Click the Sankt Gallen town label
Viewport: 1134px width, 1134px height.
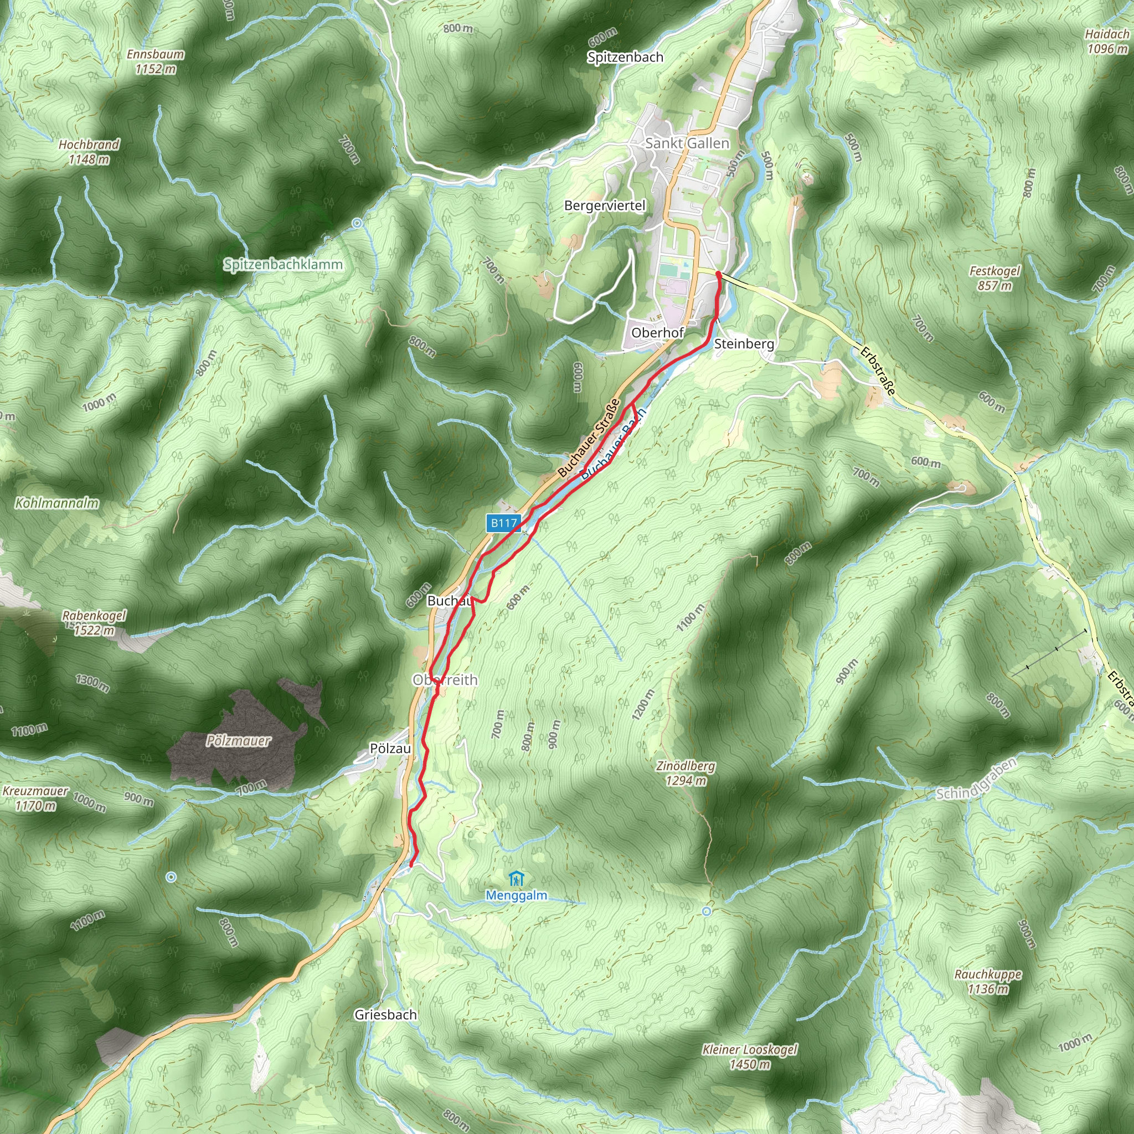[687, 143]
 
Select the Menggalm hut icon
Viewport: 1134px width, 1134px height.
[517, 879]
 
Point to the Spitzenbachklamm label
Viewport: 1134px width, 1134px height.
[283, 265]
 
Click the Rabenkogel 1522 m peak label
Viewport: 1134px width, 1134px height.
[94, 623]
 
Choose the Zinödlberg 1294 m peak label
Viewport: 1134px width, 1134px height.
[685, 773]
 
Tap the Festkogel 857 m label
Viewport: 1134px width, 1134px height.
[994, 278]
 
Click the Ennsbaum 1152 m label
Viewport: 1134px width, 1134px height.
[156, 61]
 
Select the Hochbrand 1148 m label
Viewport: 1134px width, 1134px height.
[89, 151]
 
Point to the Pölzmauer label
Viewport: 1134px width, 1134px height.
[238, 741]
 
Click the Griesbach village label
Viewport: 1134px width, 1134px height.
[385, 1014]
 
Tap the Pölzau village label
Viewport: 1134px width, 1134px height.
[390, 749]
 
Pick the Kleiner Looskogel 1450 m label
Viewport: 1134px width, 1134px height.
[750, 1056]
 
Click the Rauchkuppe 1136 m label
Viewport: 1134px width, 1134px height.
[988, 981]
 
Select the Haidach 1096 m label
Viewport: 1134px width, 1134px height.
[1107, 41]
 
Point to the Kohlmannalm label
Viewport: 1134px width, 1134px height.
[57, 503]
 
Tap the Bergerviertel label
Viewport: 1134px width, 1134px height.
[605, 205]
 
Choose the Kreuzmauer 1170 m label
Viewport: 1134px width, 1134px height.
[35, 798]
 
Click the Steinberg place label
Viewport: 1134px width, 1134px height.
[744, 344]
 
